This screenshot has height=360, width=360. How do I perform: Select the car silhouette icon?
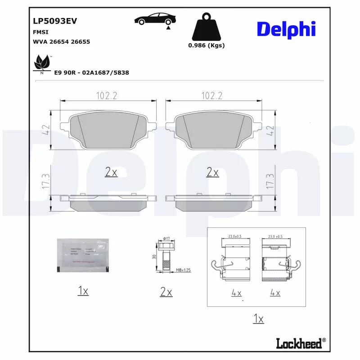coord(155,19)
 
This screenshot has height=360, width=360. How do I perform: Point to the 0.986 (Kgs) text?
coord(206,45)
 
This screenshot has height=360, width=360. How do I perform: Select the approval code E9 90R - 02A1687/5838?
coord(92,72)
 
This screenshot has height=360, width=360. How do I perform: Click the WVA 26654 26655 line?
coord(62,41)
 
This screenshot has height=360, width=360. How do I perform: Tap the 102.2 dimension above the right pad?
coord(212,95)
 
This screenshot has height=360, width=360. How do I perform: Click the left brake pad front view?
coord(108,130)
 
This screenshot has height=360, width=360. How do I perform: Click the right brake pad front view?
coord(212,130)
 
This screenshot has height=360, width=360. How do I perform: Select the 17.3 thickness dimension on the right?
coord(270,182)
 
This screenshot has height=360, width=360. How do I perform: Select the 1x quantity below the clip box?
coord(258,319)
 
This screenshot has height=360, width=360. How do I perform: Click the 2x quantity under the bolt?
coord(166,292)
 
